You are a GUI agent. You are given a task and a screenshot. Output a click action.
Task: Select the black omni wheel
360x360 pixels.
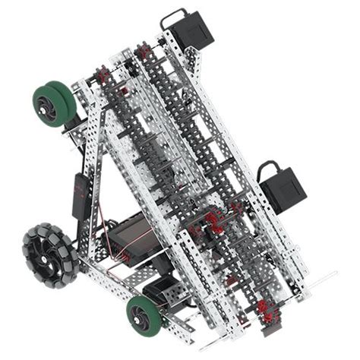pos(48,252)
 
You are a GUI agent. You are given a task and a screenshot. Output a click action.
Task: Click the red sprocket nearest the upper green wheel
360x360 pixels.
pos(101,75)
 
